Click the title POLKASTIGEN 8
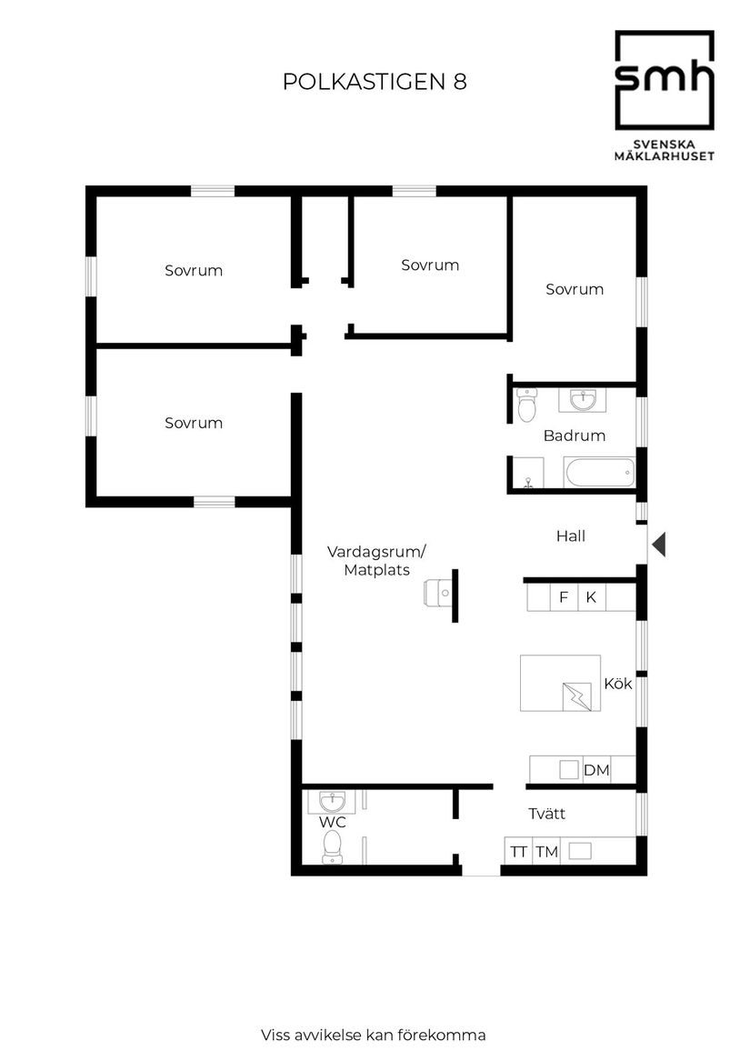pos(375,82)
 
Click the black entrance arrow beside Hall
pos(659,545)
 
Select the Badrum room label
pos(574,435)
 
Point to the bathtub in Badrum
pos(598,472)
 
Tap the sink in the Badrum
pos(582,400)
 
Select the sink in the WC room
pos(332,802)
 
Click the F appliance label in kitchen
pos(564,597)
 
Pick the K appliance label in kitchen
pos(591,597)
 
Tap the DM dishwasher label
pos(596,771)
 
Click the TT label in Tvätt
pos(518,852)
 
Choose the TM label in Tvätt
pos(545,852)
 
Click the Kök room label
pos(618,684)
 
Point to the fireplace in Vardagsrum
pos(442,594)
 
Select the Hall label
pos(570,536)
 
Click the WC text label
pos(332,822)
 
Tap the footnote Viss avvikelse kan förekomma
pos(373,1035)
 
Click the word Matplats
pos(376,571)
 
